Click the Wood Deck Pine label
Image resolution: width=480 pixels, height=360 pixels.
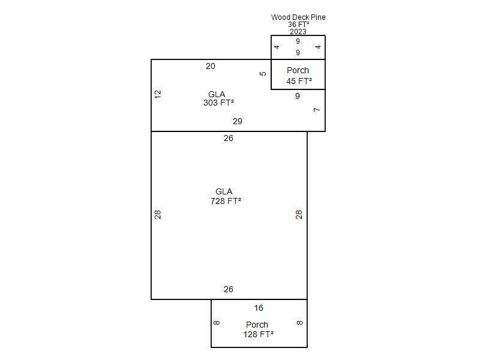[x=298, y=17]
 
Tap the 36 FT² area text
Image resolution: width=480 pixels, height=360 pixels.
[x=298, y=25]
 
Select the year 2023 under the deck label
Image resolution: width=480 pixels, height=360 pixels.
[x=298, y=32]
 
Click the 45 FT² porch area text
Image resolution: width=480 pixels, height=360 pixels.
[x=299, y=81]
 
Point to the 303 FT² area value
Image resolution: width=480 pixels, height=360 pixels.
[x=218, y=103]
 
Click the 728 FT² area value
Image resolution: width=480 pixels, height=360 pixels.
[x=226, y=201]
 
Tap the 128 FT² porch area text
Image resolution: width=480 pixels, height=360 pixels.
[x=259, y=334]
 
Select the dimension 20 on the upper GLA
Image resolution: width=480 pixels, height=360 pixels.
[x=211, y=66]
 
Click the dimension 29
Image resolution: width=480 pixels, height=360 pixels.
[x=237, y=121]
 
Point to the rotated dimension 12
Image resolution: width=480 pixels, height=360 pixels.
[x=158, y=94]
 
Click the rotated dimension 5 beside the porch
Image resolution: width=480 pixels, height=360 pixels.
[x=263, y=73]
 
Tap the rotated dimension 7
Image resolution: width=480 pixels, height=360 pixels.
[x=317, y=110]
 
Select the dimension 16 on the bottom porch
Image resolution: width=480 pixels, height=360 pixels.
[x=259, y=308]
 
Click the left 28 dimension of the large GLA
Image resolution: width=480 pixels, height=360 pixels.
[x=158, y=215]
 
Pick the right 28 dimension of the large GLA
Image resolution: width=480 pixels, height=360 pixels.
[x=299, y=215]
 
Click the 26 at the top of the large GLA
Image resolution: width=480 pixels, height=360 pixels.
[x=229, y=138]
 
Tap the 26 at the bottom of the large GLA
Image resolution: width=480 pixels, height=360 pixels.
[x=229, y=289]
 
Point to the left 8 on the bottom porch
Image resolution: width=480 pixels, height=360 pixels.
[x=217, y=323]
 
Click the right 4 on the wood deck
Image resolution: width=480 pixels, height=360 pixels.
[x=319, y=47]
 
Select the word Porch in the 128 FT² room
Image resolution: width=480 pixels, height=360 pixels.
[x=257, y=325]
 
